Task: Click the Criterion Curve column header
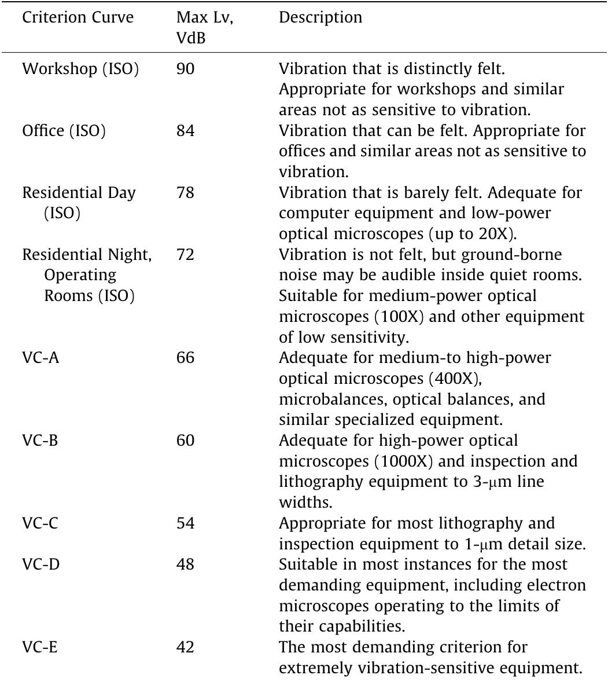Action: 78,18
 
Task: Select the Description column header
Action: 320,18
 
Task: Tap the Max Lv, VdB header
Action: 197,27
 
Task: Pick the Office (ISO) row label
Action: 64,131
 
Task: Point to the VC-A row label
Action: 41,358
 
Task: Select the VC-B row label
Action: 40,441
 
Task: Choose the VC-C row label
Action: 40,524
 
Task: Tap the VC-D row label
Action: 41,565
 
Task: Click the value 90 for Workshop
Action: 186,69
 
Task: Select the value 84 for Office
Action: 186,131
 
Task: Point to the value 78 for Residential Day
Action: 186,193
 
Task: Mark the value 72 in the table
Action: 186,255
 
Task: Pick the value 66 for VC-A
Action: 186,358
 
